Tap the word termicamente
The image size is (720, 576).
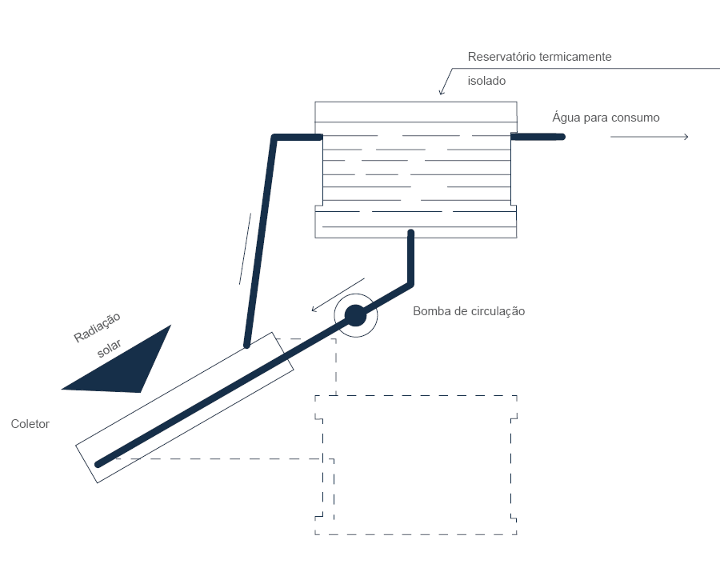pyautogui.click(x=575, y=57)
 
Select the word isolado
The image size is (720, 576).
pyautogui.click(x=486, y=81)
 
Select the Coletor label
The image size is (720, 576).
pyautogui.click(x=30, y=423)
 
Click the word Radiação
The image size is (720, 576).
pyautogui.click(x=97, y=326)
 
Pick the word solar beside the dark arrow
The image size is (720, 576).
pyautogui.click(x=109, y=348)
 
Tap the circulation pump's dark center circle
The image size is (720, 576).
pyautogui.click(x=355, y=315)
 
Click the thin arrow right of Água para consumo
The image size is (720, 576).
pyautogui.click(x=650, y=137)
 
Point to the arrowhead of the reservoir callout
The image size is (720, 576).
pyautogui.click(x=442, y=92)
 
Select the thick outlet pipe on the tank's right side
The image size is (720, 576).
pyautogui.click(x=538, y=137)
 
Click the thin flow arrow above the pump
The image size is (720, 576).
pyautogui.click(x=338, y=295)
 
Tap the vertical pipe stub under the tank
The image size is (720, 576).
pyautogui.click(x=411, y=258)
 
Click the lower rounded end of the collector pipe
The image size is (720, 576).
pyautogui.click(x=98, y=464)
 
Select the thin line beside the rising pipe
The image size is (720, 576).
pyautogui.click(x=246, y=249)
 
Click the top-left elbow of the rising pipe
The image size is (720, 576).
pyautogui.click(x=274, y=138)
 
